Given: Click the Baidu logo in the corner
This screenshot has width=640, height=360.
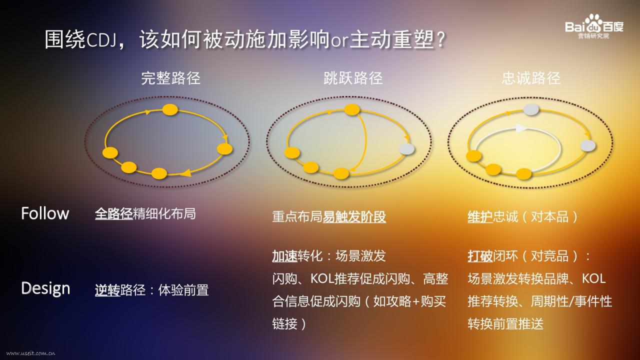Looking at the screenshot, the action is point(594,26).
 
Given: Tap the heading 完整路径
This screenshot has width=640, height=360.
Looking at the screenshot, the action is point(170,78).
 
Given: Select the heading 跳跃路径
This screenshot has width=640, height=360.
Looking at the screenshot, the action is point(353,78).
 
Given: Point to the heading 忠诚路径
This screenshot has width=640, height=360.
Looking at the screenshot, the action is point(531,78).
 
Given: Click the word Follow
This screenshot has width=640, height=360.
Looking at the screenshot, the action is point(45,213).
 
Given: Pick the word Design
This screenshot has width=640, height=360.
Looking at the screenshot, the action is point(45,288).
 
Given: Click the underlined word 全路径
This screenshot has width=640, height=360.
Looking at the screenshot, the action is point(113,213).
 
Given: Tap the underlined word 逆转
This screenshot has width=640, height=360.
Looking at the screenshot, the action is point(107,290).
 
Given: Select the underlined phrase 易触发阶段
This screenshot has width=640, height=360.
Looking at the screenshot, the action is point(354,217).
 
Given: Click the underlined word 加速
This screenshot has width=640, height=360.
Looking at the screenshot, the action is point(284,256).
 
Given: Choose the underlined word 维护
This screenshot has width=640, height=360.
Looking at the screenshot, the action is point(480,217).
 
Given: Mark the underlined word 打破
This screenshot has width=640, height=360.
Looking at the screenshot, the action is point(480,256).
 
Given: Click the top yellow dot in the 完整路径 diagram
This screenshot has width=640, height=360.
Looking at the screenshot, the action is point(170,109).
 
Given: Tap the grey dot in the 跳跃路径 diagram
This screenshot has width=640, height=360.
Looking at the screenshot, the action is point(406,149).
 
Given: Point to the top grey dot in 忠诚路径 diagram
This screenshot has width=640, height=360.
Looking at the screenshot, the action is point(531,109).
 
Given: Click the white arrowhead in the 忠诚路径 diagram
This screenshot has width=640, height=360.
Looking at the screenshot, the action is point(521,127).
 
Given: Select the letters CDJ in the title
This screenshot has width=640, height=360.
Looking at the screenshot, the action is point(100,40).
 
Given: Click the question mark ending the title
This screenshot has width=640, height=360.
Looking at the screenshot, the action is point(441,39).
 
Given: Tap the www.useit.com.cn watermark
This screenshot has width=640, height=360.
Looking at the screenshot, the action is point(31,353).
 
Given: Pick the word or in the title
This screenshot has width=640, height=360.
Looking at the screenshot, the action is point(339,41).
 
